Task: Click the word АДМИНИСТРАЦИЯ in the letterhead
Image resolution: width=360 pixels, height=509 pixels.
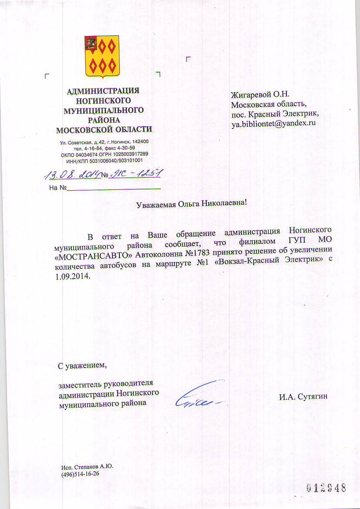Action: point(103,91)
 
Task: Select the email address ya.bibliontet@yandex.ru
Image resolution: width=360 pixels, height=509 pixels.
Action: point(273,123)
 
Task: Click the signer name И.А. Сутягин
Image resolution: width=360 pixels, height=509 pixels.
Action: point(303,397)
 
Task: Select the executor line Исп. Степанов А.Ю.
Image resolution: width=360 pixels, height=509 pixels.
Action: point(87,467)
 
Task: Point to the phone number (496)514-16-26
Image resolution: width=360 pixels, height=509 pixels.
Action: point(81,474)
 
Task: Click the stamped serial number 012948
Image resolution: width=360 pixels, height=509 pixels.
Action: point(326,487)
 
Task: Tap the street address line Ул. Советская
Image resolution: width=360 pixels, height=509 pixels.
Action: point(105,142)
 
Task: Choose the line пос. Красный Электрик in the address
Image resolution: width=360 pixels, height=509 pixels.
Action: point(275,114)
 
